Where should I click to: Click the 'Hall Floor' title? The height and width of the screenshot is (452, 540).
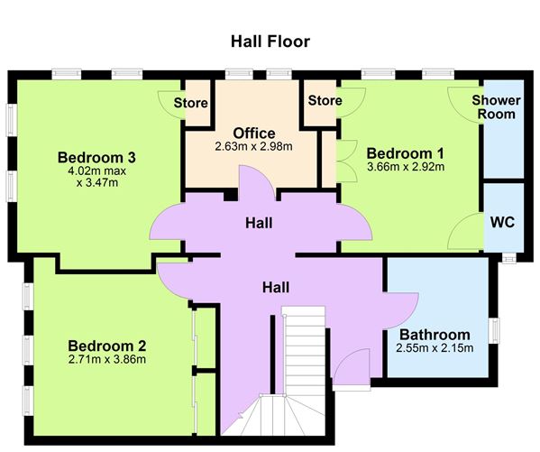[x=270, y=42]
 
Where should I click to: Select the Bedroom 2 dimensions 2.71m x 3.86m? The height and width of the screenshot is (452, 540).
[x=106, y=360]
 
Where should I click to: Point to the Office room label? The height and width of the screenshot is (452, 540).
[x=253, y=133]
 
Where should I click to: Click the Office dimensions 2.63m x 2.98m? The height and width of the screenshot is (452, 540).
[x=253, y=146]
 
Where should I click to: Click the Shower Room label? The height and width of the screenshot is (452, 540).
[x=495, y=106]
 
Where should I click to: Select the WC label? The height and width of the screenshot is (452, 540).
[x=501, y=222]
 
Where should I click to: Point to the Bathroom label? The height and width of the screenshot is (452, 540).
[x=435, y=334]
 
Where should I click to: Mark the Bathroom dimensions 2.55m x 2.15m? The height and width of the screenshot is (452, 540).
[x=435, y=347]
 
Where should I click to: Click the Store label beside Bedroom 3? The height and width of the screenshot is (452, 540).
[x=191, y=101]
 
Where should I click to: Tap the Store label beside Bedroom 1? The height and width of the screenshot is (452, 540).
[x=325, y=101]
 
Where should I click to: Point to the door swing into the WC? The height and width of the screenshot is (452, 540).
[x=467, y=233]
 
